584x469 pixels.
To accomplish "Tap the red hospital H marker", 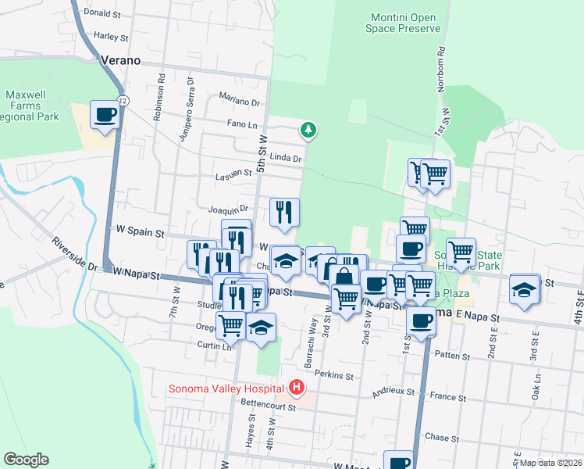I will tap(296, 387).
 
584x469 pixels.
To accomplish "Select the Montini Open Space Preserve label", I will tap(403, 23).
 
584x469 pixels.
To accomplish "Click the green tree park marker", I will tap(309, 129).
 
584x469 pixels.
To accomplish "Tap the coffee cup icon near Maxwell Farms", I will tap(105, 115).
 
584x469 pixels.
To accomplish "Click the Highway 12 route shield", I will tap(123, 101).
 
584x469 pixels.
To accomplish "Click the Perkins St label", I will tap(333, 376).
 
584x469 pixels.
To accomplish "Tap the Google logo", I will tap(26, 460).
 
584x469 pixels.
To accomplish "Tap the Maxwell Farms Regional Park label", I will tap(31, 106).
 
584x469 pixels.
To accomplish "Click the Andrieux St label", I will tap(398, 391).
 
